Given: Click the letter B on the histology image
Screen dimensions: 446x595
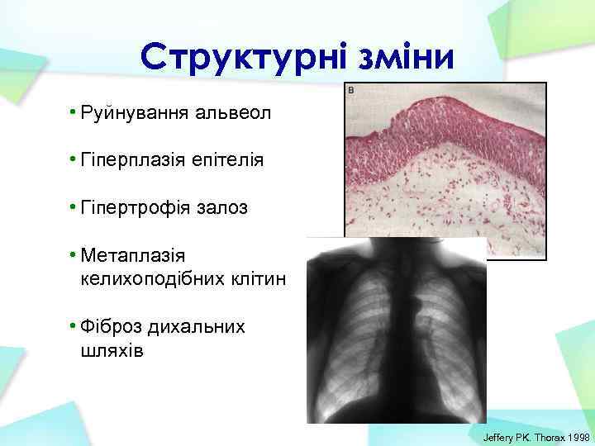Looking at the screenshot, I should click(x=350, y=88).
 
